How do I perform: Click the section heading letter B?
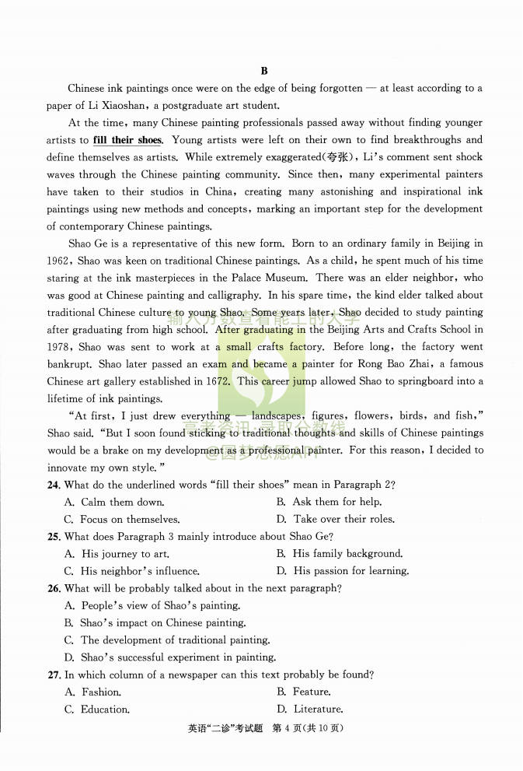pyautogui.click(x=264, y=71)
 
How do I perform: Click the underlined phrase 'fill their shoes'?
pyautogui.click(x=127, y=140)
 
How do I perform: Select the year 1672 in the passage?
pyautogui.click(x=217, y=381)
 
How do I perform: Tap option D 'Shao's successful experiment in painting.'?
pyautogui.click(x=178, y=657)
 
